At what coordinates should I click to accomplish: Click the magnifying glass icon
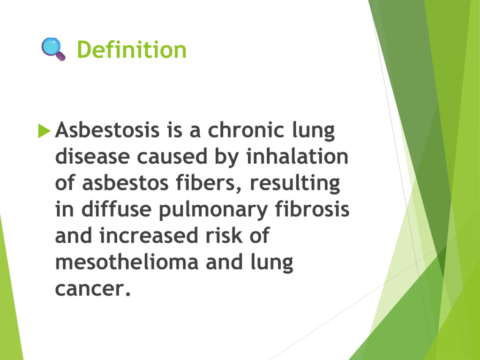coord(53,49)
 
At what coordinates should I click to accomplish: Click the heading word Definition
coord(132,49)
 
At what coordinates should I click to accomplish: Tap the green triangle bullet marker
coord(44,131)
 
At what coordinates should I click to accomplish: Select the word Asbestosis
coord(107,130)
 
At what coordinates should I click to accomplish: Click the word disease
coord(92,157)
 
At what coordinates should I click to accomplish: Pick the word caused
coord(172,157)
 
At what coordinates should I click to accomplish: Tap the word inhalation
coord(297,157)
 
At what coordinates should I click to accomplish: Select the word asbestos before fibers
coord(125,183)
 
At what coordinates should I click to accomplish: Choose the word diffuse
coord(116,210)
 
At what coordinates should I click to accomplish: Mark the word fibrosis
coord(312,210)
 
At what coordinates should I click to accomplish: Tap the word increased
coord(149,236)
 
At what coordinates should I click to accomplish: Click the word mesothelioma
coord(127,262)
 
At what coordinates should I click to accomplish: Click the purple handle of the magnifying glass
coord(60,56)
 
